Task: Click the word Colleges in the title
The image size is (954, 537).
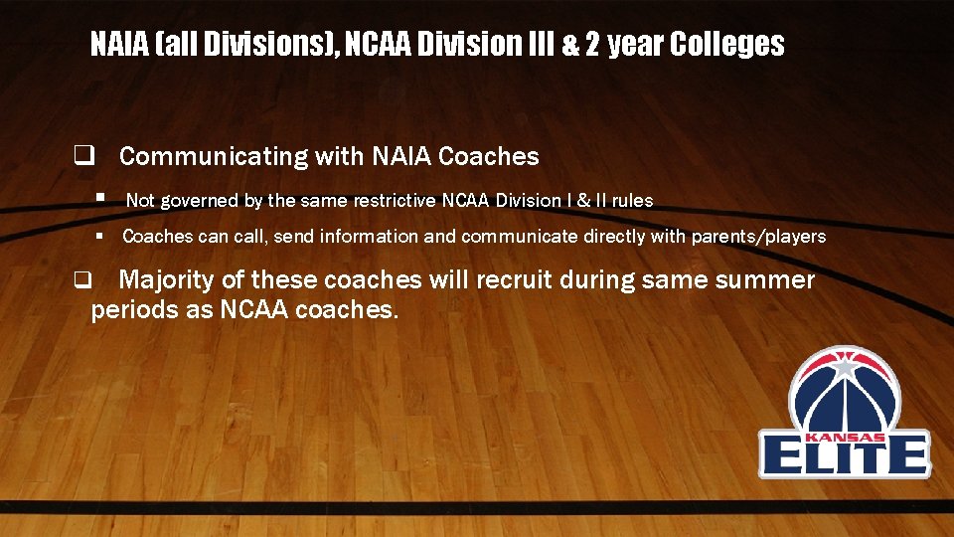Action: (726, 44)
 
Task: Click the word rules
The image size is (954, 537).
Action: (632, 201)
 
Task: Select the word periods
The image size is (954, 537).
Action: (129, 309)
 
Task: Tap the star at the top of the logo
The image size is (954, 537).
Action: (845, 367)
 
